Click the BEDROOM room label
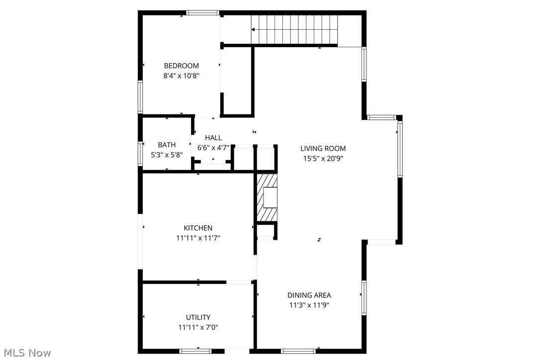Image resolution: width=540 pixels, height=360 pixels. [x=181, y=66]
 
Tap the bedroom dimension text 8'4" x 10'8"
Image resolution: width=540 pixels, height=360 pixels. [x=181, y=76]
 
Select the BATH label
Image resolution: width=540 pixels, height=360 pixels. [x=167, y=145]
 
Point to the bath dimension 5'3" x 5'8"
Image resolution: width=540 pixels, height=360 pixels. [x=167, y=155]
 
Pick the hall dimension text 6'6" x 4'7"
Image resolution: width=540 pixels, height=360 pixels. [x=213, y=148]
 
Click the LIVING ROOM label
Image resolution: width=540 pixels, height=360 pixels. [x=323, y=148]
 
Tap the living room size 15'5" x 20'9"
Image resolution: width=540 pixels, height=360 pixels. [x=323, y=158]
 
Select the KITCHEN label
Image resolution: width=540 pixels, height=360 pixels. [x=198, y=228]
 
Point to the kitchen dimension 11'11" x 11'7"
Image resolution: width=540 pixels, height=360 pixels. [x=198, y=238]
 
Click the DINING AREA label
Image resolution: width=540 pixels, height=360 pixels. [x=309, y=295]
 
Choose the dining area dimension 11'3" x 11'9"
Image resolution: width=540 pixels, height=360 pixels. [x=309, y=305]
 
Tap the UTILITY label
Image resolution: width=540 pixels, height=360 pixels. [x=198, y=317]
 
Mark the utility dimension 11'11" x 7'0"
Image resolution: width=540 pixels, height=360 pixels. [x=198, y=327]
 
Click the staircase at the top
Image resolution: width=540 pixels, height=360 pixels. [x=293, y=29]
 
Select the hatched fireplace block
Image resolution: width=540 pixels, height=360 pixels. [x=266, y=197]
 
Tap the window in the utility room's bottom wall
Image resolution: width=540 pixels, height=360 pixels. [x=198, y=351]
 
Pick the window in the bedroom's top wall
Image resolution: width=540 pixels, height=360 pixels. [x=203, y=12]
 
